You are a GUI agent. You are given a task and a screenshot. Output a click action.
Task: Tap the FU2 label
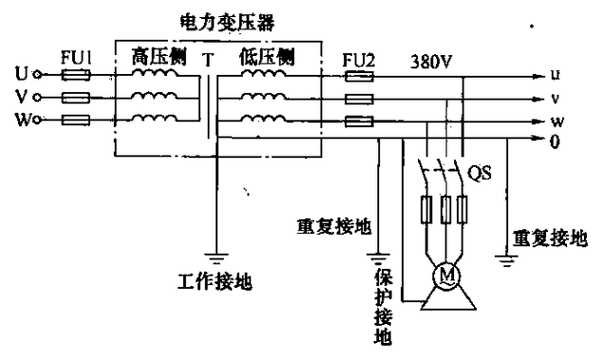[x=358, y=57]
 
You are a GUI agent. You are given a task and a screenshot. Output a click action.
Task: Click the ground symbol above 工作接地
[x=217, y=258]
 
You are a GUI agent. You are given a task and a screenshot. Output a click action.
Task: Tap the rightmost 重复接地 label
[x=549, y=238]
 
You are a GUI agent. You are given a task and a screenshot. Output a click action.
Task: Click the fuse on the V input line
[x=77, y=97]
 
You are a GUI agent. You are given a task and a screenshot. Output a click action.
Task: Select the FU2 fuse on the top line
[x=356, y=74]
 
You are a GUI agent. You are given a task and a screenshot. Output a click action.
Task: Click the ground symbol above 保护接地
[x=382, y=256]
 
